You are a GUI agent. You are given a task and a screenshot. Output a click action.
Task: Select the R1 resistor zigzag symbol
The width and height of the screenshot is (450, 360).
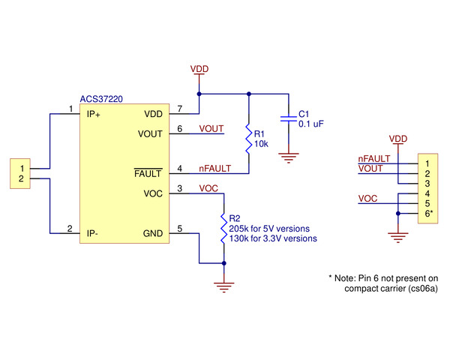coord(249,138)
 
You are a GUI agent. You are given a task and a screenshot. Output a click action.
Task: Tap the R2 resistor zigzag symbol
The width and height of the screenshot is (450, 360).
coord(223,227)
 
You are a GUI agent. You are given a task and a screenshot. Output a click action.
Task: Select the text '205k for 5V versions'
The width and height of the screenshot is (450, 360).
coord(269,228)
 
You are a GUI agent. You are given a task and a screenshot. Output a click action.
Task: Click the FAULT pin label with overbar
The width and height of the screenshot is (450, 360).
coord(147,174)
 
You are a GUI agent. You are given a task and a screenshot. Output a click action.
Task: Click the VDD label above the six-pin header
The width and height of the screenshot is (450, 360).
coord(398,139)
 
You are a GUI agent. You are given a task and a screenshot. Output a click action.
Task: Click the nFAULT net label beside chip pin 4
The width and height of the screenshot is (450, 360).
coord(214,169)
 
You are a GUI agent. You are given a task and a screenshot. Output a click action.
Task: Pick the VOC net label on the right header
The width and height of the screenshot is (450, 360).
coord(368,199)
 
